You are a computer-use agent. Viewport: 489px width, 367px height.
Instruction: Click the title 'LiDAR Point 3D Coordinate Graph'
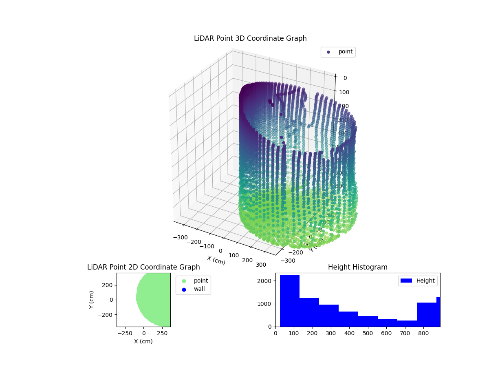pos(250,38)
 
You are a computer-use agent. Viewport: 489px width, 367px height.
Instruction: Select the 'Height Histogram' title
pos(357,267)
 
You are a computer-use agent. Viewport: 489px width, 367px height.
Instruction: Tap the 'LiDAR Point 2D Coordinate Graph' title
pos(143,267)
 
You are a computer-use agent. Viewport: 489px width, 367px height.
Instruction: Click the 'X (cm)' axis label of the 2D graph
pos(143,341)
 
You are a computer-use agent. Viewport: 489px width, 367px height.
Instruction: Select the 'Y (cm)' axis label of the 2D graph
pos(92,300)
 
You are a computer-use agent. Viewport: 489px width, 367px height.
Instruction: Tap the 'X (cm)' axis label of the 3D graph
pos(216,260)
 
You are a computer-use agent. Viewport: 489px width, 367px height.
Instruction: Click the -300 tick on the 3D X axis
pos(180,237)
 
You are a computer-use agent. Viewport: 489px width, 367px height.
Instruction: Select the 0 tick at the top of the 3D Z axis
pos(345,78)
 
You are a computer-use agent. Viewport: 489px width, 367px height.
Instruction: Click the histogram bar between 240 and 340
pos(329,316)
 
